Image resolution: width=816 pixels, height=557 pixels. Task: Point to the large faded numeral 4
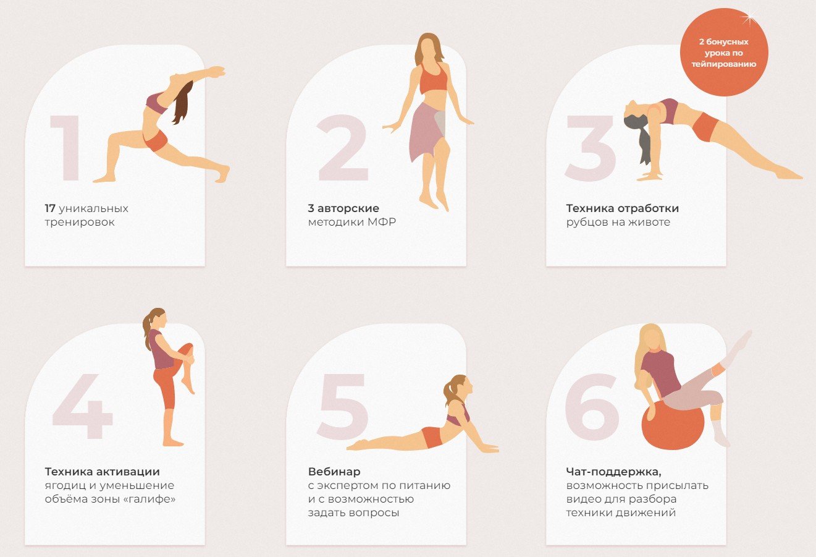[x=82, y=406]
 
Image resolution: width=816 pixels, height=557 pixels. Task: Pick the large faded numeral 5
[x=342, y=407]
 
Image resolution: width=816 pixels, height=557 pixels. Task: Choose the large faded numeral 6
[x=592, y=407]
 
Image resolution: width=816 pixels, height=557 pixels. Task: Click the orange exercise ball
[x=673, y=426]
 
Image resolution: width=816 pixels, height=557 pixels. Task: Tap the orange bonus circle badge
[x=724, y=52]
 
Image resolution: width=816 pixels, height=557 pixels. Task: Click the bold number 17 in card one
[x=50, y=208]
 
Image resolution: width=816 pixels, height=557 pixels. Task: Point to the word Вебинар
[x=334, y=472]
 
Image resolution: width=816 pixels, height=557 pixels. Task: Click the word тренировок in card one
[x=80, y=223]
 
